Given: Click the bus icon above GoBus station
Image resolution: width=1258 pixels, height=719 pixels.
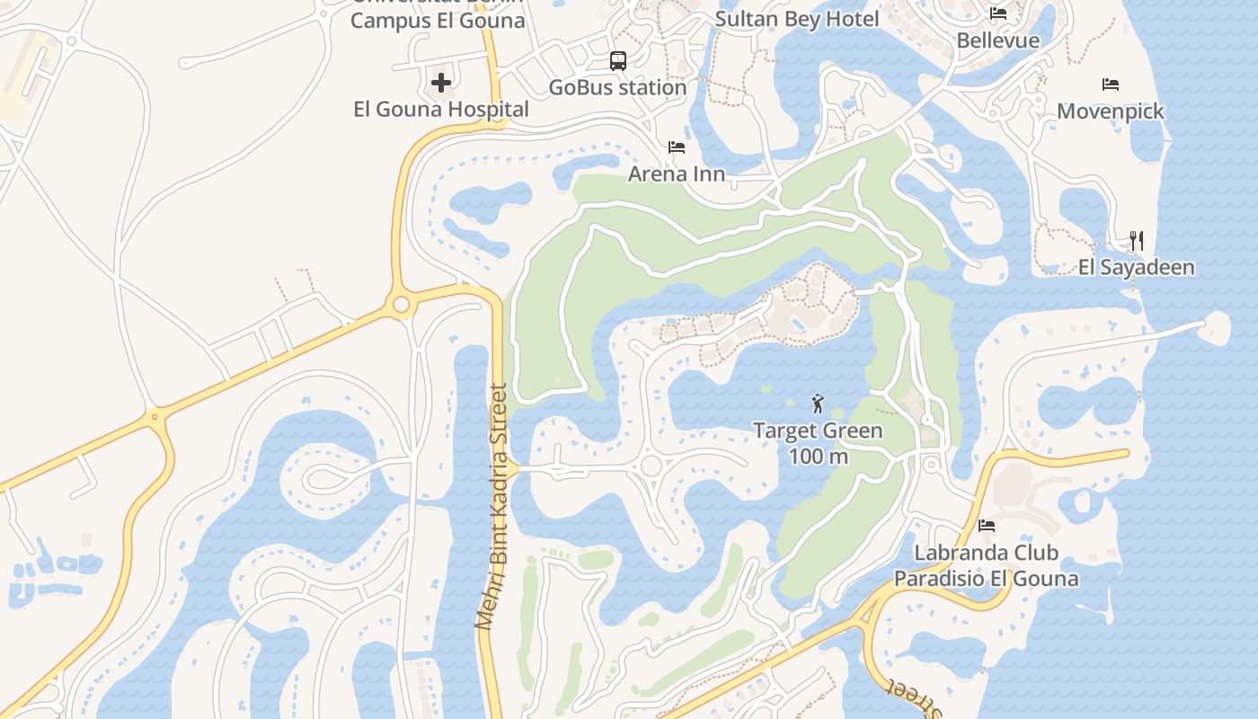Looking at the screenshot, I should click(x=618, y=61).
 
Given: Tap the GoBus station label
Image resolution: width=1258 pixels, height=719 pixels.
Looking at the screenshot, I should click(x=618, y=88).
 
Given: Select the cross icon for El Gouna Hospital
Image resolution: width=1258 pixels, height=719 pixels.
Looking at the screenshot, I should click(x=441, y=84).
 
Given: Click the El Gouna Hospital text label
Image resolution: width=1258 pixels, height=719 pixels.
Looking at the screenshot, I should click(x=441, y=110).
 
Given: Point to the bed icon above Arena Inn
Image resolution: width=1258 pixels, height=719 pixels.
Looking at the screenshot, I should click(x=677, y=147).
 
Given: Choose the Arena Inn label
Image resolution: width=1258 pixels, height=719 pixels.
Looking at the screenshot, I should click(x=677, y=174).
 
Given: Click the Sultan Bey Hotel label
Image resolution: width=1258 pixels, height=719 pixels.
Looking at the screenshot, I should click(x=797, y=19).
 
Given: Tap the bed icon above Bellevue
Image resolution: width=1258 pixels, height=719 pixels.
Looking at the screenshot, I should click(x=998, y=13).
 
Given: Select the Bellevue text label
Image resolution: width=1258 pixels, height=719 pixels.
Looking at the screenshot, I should click(x=998, y=40).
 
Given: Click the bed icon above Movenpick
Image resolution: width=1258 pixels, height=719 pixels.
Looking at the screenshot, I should click(x=1111, y=84).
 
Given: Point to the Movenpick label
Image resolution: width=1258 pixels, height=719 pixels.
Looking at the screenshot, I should click(x=1111, y=111).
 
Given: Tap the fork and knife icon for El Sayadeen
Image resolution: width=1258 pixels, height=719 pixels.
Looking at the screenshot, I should click(x=1137, y=241).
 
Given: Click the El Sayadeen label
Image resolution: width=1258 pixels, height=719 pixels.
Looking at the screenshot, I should click(x=1137, y=268).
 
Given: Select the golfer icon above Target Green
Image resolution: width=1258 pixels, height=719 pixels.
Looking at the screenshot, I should click(x=818, y=404).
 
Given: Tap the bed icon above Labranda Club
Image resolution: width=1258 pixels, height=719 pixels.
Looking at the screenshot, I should click(x=987, y=525).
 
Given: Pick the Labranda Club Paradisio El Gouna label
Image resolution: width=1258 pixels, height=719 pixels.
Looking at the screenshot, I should click(x=987, y=565).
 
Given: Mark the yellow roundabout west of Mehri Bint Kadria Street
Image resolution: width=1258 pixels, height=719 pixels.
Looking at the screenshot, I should click(x=402, y=306).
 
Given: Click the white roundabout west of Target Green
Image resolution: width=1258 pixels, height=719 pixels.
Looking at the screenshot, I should click(x=651, y=466).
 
